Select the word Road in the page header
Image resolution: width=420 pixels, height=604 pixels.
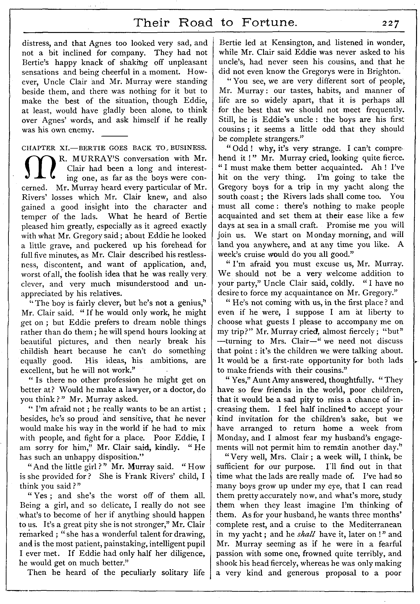[195, 23]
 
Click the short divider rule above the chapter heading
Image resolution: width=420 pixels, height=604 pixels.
[114, 136]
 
